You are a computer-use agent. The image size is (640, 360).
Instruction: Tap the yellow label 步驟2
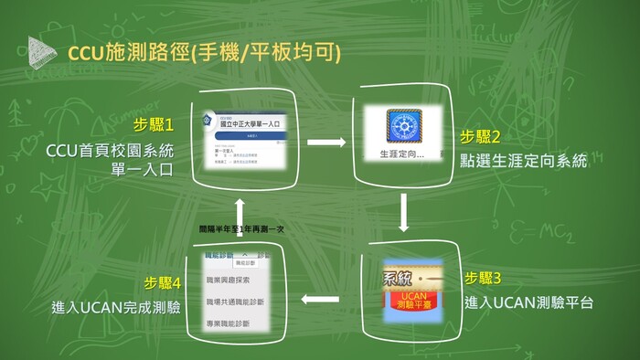pyautogui.click(x=480, y=137)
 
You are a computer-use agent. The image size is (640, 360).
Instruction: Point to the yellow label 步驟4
pyautogui.click(x=165, y=281)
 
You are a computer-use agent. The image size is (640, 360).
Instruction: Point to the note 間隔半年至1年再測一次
pyautogui.click(x=241, y=229)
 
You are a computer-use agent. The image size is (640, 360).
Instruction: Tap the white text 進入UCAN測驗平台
pyautogui.click(x=528, y=301)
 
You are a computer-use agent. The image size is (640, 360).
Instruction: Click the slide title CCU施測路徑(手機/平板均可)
pyautogui.click(x=204, y=53)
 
